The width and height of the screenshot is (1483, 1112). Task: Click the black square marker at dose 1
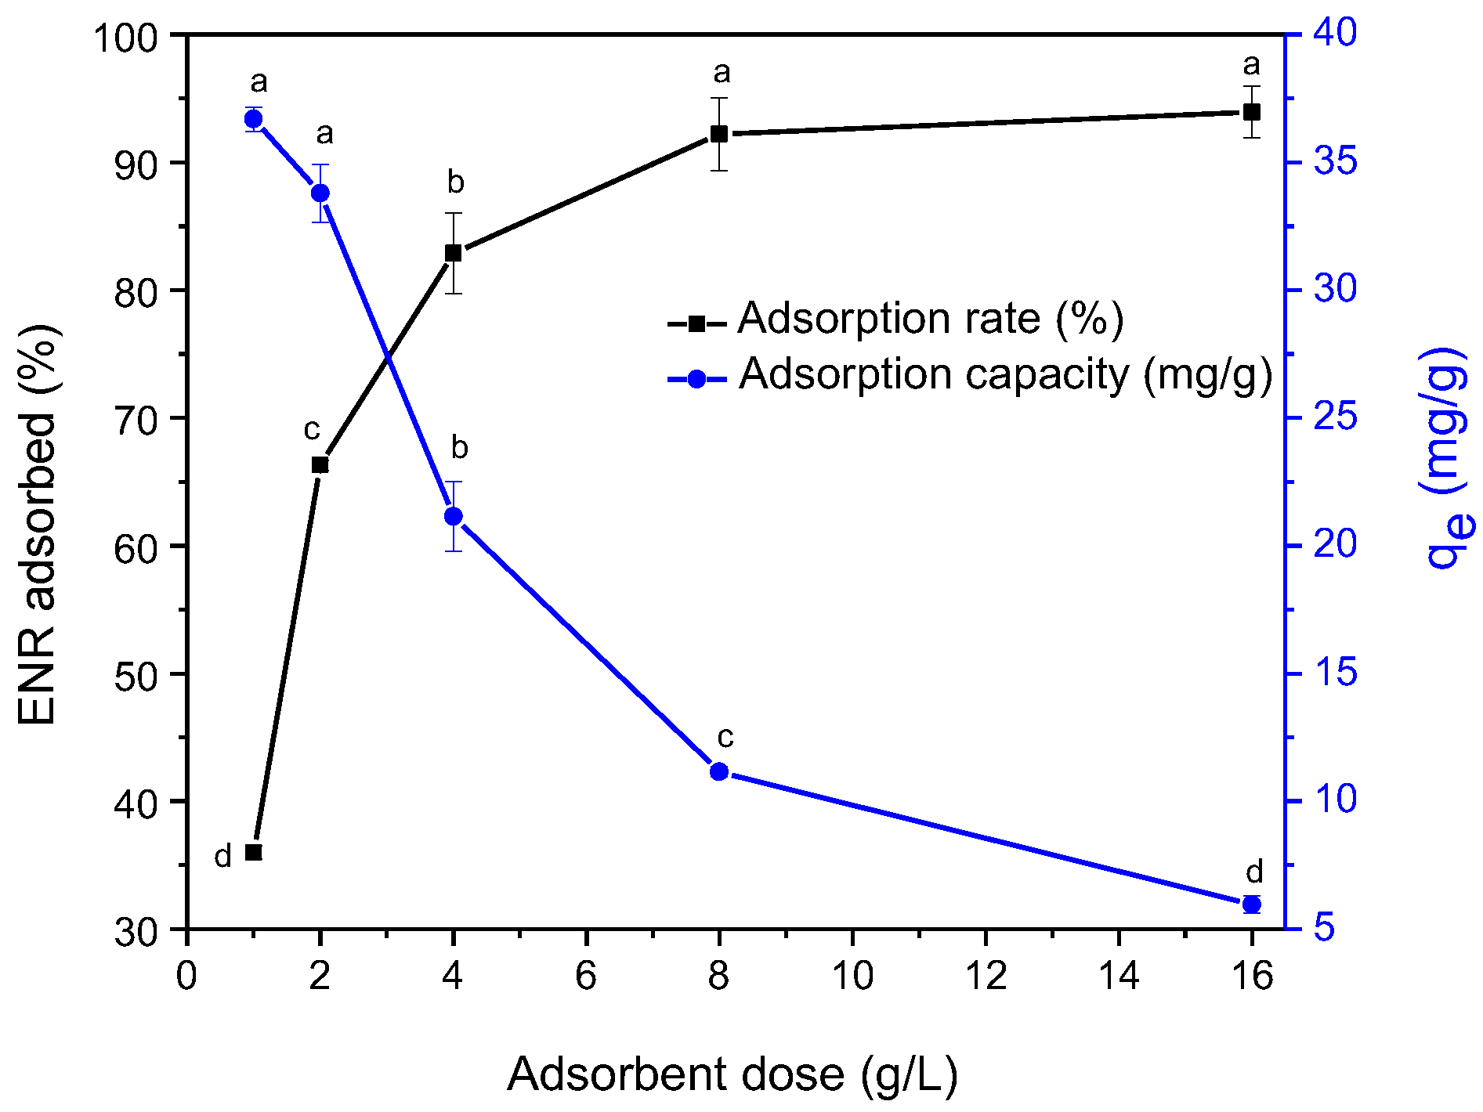[253, 852]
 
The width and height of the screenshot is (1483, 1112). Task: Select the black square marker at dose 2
[320, 465]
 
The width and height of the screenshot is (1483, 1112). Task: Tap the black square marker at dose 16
[1252, 112]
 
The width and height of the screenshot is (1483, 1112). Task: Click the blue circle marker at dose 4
[453, 516]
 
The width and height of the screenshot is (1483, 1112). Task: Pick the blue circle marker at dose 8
[719, 772]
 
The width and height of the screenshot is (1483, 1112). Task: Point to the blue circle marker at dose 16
[1252, 904]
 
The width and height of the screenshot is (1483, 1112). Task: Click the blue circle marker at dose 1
[253, 119]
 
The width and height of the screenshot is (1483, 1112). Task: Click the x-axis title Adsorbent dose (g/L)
[732, 1074]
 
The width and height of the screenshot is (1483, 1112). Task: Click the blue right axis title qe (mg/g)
[1445, 458]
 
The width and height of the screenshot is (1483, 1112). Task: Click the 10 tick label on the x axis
[852, 977]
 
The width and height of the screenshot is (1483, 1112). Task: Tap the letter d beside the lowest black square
[223, 857]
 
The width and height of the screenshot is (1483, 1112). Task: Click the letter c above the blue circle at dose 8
[725, 737]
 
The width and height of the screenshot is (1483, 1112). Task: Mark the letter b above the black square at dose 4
[455, 182]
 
